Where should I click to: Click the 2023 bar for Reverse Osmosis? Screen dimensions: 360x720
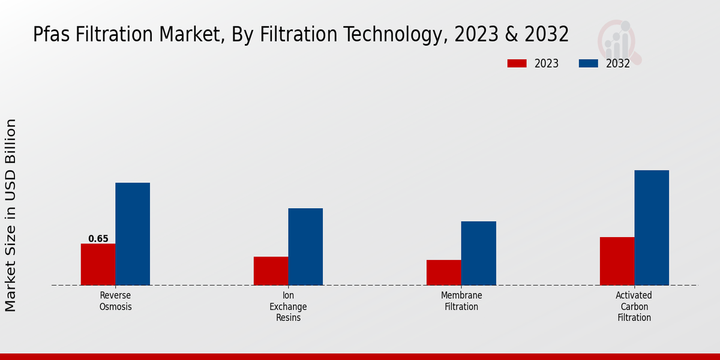[98, 264]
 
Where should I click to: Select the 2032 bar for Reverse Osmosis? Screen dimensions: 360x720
[133, 234]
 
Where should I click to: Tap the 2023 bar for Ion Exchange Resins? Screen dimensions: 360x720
[271, 271]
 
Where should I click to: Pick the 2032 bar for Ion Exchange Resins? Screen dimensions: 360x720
[305, 247]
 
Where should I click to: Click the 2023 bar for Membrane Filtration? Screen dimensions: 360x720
[443, 272]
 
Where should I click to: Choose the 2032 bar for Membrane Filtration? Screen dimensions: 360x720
[478, 253]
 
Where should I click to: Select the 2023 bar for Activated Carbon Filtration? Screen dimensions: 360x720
[617, 261]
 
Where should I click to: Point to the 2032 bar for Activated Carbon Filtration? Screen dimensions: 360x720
[652, 227]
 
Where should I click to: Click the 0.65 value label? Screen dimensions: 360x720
[98, 239]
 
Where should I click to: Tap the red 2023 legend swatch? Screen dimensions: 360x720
[517, 64]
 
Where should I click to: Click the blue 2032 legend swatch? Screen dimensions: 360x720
[588, 64]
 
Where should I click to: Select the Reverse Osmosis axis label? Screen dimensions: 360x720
[115, 301]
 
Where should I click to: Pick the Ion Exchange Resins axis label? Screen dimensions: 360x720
[288, 307]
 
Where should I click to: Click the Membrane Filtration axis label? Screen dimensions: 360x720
[461, 301]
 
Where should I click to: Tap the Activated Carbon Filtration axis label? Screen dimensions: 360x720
[634, 307]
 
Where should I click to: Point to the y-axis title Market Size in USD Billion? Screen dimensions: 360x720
[11, 215]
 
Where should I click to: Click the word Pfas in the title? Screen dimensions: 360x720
[52, 35]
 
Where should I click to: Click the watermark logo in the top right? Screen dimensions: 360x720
[619, 41]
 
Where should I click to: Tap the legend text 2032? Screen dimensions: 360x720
[617, 64]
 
